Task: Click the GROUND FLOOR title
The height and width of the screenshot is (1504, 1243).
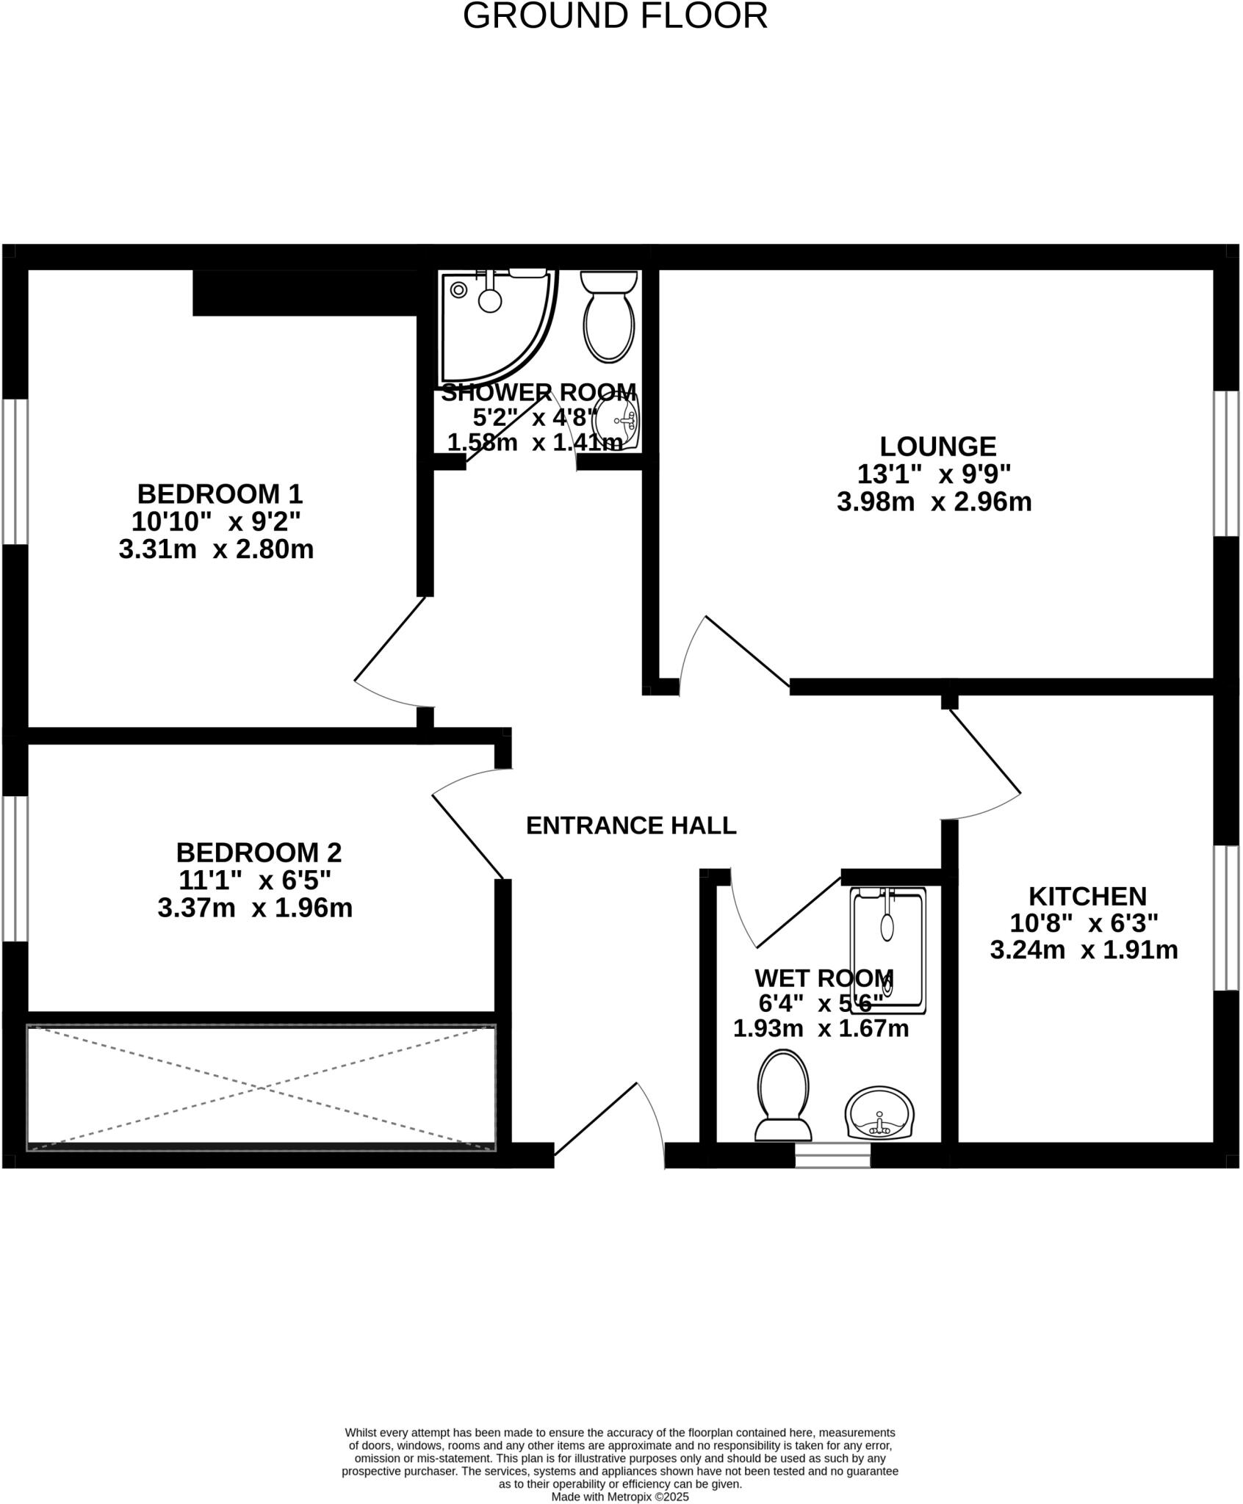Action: point(615,16)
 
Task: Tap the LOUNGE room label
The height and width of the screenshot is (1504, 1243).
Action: point(937,446)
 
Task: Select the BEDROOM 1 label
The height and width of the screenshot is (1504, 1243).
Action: point(220,493)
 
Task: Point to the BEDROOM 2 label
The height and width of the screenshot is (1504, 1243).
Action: point(259,853)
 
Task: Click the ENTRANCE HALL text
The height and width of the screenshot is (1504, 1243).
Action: point(631,825)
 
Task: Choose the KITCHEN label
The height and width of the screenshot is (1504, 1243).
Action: point(1087,897)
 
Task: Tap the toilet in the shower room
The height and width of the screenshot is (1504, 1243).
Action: point(609,317)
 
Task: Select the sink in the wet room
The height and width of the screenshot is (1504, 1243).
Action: point(879,1114)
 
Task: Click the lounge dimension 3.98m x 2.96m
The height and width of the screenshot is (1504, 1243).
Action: point(934,502)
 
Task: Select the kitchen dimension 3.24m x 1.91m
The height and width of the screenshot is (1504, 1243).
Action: point(1084,950)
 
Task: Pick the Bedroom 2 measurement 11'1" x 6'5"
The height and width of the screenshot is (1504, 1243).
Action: point(255,880)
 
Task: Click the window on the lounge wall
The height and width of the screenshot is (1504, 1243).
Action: point(1225,463)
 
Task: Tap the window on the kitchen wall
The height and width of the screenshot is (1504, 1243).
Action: point(1225,918)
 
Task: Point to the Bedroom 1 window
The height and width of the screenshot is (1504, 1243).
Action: point(15,471)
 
